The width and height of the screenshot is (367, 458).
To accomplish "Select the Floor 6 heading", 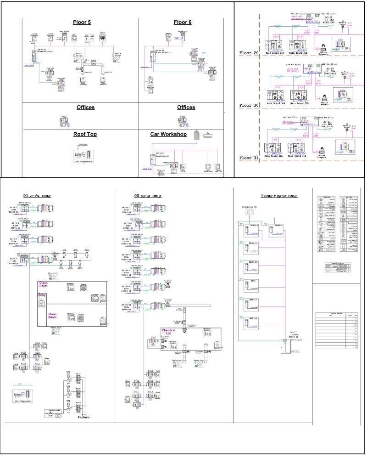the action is coord(183,22).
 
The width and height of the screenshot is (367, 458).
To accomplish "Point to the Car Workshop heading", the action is coord(175,135).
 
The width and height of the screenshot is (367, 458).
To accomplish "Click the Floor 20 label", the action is coord(250,53).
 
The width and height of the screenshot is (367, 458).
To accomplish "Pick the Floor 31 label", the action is coord(250,158).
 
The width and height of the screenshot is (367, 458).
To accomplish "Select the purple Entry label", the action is coord(43,295).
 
